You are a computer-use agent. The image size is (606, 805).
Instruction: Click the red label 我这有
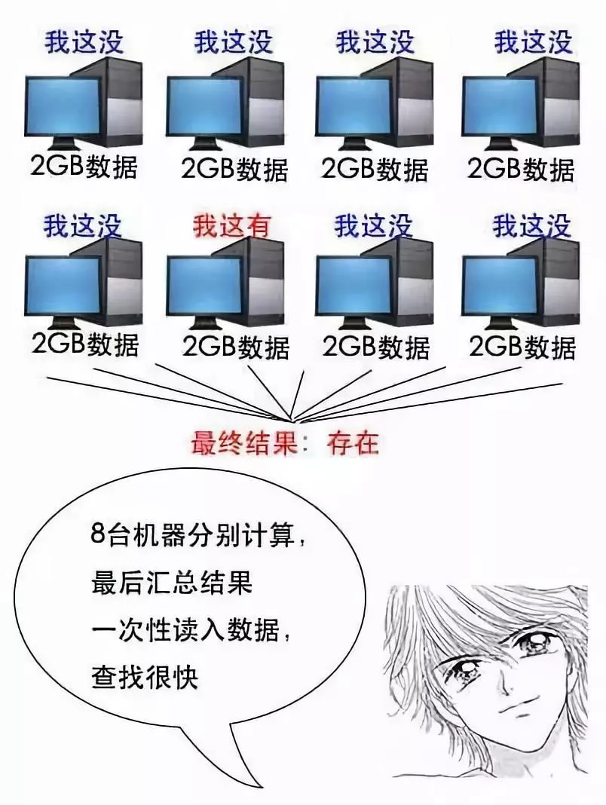point(231,225)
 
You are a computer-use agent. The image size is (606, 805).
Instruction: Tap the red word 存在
point(352,443)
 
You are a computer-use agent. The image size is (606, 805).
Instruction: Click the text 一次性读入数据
point(185,630)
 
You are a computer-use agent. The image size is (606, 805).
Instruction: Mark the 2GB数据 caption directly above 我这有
point(234,168)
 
